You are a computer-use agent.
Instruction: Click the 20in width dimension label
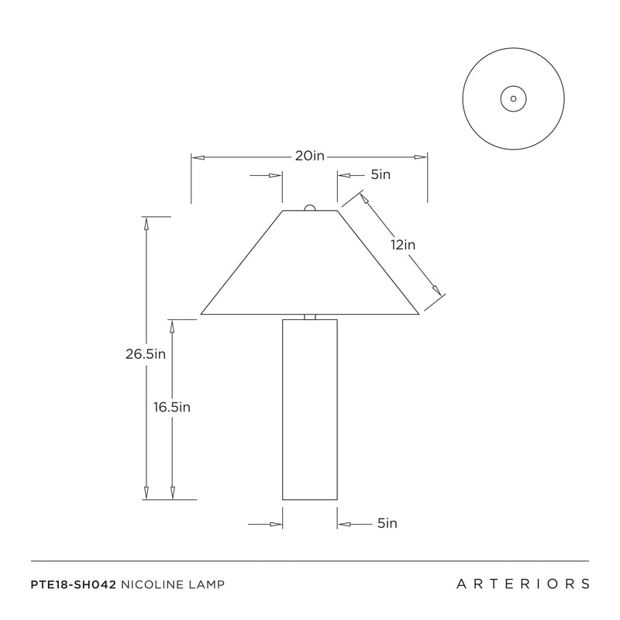point(309,156)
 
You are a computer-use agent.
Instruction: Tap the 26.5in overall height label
point(146,354)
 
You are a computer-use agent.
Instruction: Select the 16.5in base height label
point(172,407)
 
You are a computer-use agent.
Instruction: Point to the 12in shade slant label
point(403,245)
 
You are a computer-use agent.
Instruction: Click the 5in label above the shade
point(381,174)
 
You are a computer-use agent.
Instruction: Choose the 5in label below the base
point(387,523)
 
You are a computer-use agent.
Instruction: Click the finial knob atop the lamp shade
point(309,208)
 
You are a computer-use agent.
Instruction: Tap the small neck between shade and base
point(309,317)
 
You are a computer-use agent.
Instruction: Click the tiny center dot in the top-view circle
point(513,99)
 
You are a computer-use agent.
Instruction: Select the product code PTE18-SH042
point(73,584)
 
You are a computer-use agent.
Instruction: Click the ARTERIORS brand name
point(522,584)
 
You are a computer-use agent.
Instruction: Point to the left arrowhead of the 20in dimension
point(198,157)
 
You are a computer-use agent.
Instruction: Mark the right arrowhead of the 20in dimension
point(420,157)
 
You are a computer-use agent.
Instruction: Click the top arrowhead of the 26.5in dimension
point(146,223)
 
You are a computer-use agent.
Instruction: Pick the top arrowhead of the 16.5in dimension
point(172,326)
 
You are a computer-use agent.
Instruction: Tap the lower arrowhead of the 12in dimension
point(436,290)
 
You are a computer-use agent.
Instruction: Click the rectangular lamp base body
point(309,410)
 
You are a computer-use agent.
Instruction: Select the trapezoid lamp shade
point(309,262)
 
